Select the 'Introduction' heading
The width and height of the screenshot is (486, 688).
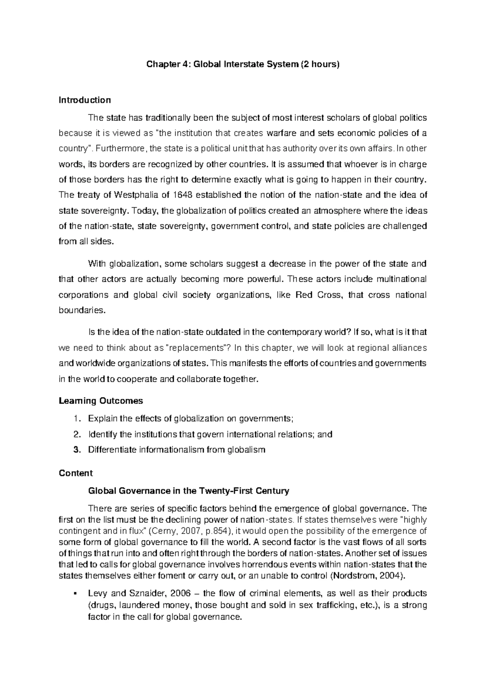85,100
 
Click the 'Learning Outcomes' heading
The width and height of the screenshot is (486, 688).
101,401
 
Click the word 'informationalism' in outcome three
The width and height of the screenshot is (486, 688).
172,450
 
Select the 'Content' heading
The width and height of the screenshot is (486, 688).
76,473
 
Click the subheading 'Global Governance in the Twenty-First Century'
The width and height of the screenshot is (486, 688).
188,491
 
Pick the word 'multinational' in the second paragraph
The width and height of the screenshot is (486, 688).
401,279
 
